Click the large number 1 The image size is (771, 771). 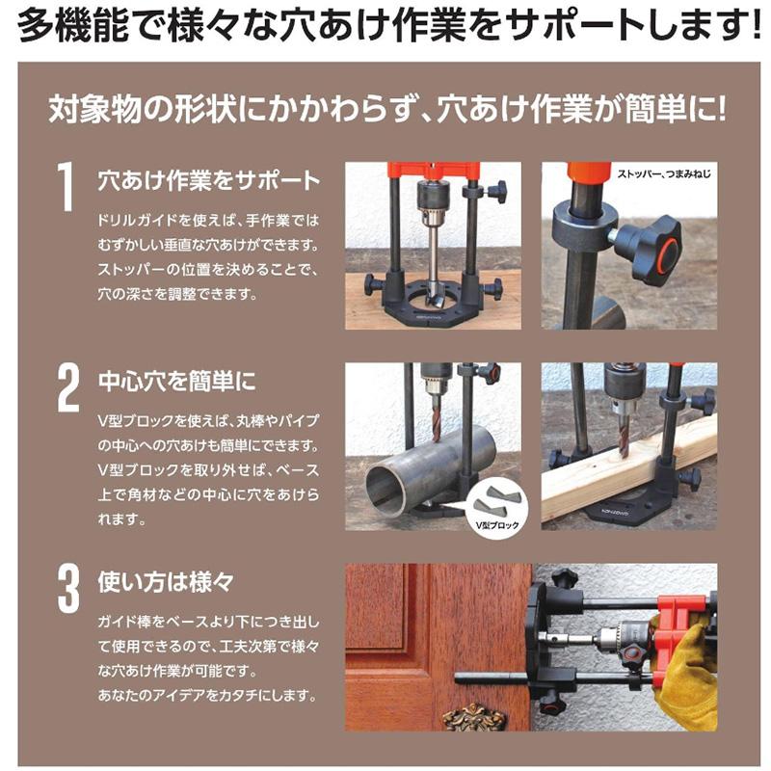[66, 186]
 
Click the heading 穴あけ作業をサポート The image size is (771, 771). [208, 180]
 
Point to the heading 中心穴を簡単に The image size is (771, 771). [177, 381]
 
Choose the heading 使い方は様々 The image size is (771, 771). [166, 582]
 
